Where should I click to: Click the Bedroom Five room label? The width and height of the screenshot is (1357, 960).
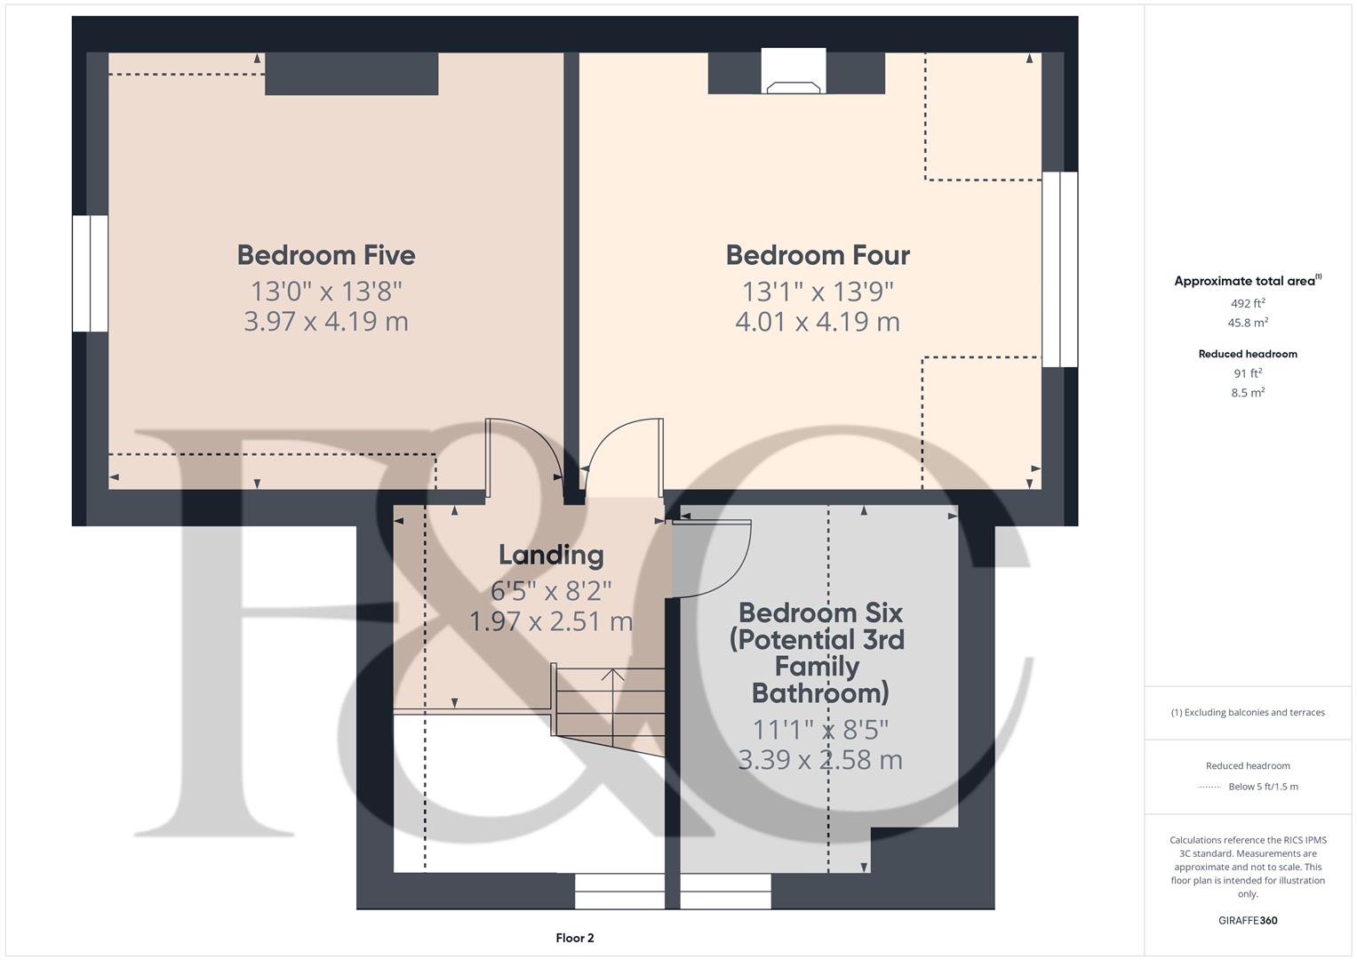tap(326, 255)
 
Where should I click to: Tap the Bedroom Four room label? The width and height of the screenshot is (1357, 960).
tap(818, 255)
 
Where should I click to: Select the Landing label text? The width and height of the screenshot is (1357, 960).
tap(551, 555)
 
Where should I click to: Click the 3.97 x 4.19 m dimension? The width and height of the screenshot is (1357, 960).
tap(326, 321)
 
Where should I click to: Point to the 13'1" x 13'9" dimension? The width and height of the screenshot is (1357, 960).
tap(818, 291)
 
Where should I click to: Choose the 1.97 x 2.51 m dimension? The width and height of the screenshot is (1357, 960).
tap(551, 621)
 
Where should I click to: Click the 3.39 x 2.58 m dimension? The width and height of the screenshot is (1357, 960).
tap(820, 760)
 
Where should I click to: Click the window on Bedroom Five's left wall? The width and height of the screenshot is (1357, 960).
tap(90, 273)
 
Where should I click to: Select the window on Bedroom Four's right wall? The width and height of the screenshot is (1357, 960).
tap(1059, 269)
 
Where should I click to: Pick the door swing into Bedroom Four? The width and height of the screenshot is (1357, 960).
tap(622, 453)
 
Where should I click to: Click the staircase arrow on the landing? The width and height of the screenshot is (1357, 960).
tap(612, 680)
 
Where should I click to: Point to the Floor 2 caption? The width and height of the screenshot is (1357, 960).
tap(575, 938)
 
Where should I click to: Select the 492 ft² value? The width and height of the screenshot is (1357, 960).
tap(1248, 303)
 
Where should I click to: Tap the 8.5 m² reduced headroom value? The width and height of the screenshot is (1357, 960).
tap(1248, 392)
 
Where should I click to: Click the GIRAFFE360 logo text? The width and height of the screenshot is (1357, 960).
tap(1248, 920)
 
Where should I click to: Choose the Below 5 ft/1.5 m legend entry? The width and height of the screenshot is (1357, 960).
tap(1262, 787)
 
